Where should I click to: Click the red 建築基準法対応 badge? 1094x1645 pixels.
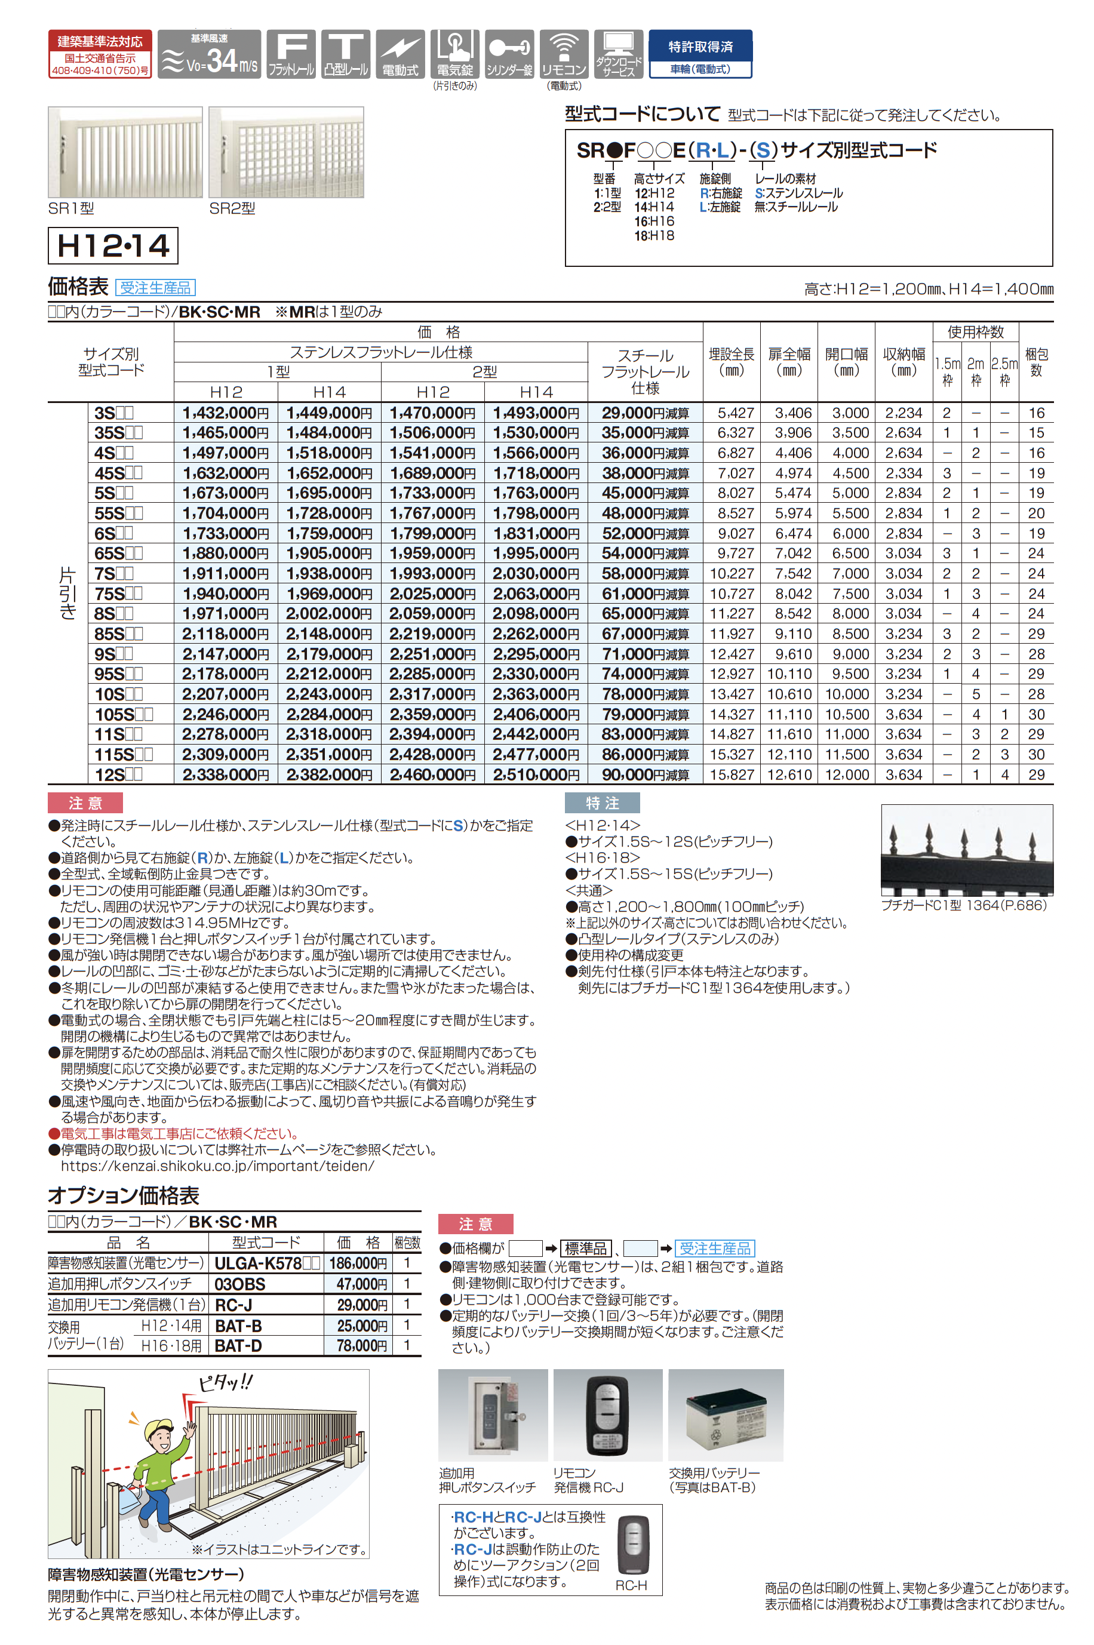(x=100, y=54)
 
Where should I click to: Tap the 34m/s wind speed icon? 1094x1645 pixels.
(x=210, y=54)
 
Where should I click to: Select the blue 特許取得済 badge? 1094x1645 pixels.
(x=700, y=53)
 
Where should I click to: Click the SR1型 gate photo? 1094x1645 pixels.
(x=125, y=152)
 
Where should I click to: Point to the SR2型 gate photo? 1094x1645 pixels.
(x=286, y=152)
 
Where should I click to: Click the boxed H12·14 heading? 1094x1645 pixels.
(x=113, y=245)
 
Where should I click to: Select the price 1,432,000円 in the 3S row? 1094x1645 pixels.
(x=225, y=413)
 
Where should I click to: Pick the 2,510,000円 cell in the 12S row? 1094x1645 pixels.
(x=536, y=774)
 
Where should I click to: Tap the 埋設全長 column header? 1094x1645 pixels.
(x=731, y=361)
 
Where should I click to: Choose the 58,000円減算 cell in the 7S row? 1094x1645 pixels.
(x=645, y=573)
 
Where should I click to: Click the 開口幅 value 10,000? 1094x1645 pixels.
(x=846, y=694)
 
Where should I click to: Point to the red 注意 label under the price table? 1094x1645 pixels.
(x=85, y=803)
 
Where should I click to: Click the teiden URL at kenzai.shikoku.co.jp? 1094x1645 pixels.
(x=217, y=1166)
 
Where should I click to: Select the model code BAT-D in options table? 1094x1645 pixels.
(x=238, y=1346)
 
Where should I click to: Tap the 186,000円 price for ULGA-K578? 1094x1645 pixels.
(x=358, y=1263)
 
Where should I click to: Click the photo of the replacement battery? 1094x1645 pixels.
(x=726, y=1415)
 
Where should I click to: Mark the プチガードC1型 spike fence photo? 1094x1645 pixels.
(x=966, y=849)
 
